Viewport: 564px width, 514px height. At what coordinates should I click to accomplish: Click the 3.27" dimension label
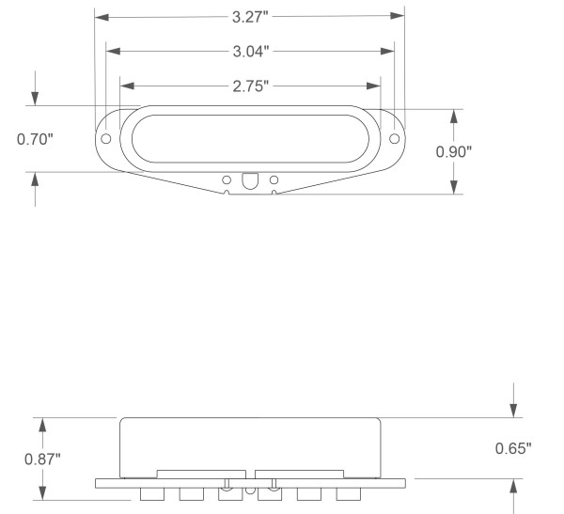point(250,17)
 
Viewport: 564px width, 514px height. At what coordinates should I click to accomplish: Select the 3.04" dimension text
point(251,52)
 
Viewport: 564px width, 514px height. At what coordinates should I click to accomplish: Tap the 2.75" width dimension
point(251,86)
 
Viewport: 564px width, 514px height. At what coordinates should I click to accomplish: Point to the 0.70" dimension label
point(35,139)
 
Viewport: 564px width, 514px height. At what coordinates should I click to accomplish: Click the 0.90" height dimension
point(454,152)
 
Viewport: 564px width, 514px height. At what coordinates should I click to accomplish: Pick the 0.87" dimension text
point(42,459)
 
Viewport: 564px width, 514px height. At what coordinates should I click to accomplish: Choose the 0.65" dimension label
point(513,448)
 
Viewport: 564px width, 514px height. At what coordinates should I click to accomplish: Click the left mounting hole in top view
point(105,138)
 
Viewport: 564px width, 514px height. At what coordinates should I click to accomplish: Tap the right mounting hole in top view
point(394,138)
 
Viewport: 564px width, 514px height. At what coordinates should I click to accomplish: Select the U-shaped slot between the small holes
point(250,181)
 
